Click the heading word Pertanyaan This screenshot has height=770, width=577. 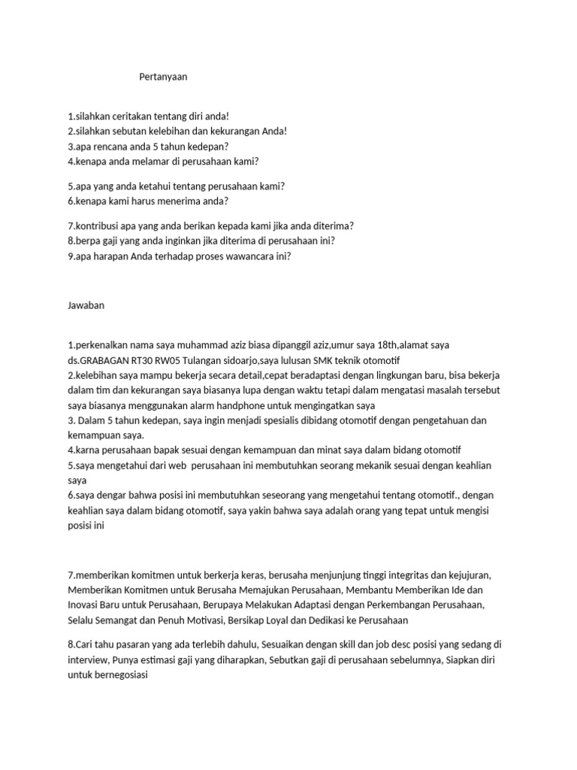point(163,77)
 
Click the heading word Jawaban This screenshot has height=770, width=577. point(86,305)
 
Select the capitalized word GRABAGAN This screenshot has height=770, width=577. point(105,360)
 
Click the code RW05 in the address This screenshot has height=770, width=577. point(168,360)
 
